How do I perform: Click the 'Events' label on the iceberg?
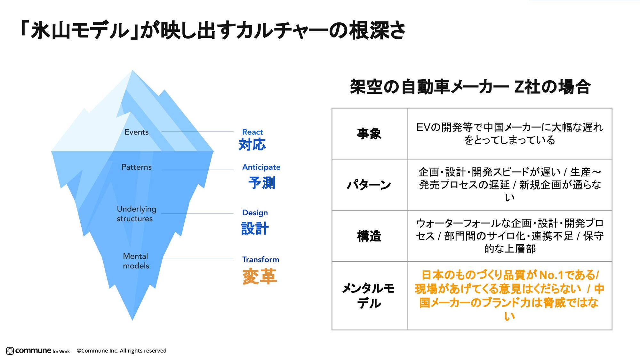[137, 132]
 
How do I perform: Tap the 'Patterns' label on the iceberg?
[137, 167]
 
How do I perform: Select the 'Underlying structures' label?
[136, 214]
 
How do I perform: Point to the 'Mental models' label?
[136, 261]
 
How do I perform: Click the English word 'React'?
[252, 132]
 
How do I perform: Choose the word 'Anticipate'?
[261, 167]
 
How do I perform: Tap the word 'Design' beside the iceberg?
[255, 212]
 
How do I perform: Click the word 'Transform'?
[260, 260]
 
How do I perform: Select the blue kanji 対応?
[252, 145]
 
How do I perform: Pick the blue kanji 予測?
[262, 183]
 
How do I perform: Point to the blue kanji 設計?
[255, 228]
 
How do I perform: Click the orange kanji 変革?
[260, 276]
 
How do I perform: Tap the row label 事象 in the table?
[369, 133]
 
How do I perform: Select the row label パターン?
[369, 185]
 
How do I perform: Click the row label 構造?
[369, 236]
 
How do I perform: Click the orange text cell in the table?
[509, 296]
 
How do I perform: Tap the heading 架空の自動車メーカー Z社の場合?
[470, 87]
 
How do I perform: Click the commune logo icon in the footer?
[10, 351]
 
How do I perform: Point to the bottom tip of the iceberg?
[132, 319]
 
